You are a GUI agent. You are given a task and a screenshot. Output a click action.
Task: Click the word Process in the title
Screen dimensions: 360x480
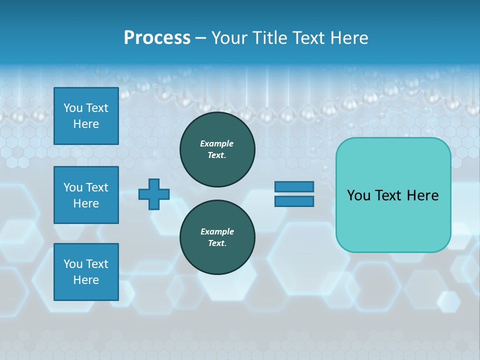point(157,38)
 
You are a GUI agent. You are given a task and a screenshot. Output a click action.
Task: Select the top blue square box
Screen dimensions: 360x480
point(86,116)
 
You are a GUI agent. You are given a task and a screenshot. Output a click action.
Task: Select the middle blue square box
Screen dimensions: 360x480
point(86,195)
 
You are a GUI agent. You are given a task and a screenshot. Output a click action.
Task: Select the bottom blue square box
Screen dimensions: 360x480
point(86,272)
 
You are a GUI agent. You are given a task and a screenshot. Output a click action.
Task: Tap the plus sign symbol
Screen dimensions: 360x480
point(154,194)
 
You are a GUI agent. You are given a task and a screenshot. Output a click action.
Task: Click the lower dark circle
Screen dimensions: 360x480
point(217,237)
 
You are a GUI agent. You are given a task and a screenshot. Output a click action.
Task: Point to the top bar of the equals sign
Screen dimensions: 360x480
point(294,187)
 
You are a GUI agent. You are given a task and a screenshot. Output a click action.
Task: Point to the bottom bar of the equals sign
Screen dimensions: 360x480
point(294,201)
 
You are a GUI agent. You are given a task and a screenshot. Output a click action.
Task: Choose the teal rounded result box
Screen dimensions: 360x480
point(393,195)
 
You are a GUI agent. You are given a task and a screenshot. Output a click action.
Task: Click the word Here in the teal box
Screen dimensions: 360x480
point(422,195)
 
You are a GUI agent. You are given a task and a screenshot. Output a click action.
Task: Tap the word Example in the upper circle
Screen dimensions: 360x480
point(217,143)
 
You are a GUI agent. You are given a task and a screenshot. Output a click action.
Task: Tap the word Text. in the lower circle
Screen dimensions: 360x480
point(217,243)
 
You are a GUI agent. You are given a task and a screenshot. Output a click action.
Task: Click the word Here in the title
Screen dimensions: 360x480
point(348,38)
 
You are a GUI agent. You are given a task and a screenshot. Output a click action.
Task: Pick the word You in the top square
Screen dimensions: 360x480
point(73,108)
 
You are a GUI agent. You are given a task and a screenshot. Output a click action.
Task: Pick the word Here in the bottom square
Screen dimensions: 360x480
point(86,280)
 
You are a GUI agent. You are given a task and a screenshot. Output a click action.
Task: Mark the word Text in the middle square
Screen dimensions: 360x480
point(97,187)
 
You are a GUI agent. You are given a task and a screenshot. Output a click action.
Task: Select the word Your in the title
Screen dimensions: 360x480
point(228,38)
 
